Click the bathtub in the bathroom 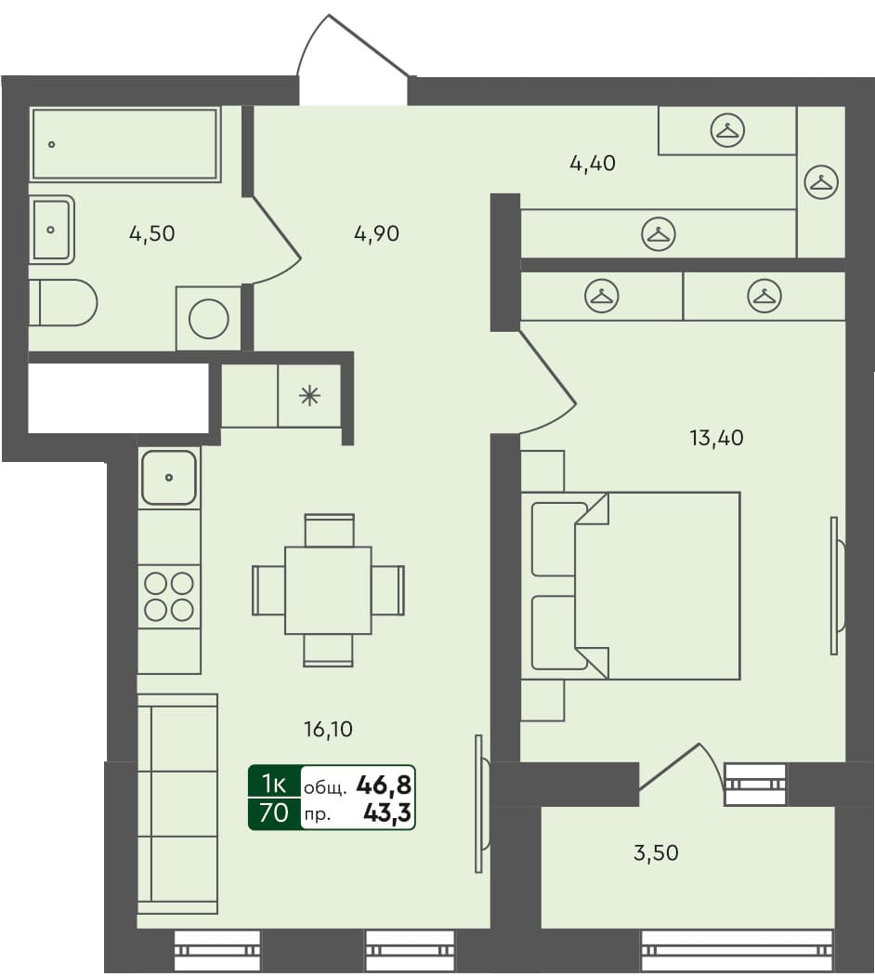[x=124, y=144]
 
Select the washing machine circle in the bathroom [x=208, y=319]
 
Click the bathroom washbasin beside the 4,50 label [x=51, y=229]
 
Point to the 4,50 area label [x=151, y=234]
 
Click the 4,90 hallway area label [x=376, y=234]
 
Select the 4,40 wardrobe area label [x=593, y=165]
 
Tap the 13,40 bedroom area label [x=716, y=438]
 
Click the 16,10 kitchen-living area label [x=328, y=730]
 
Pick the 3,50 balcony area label [x=656, y=852]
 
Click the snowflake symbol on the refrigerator [x=308, y=396]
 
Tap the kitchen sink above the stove [x=169, y=478]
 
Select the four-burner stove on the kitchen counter [x=169, y=596]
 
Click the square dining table [x=328, y=590]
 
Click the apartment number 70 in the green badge [x=273, y=814]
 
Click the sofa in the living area [x=176, y=803]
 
